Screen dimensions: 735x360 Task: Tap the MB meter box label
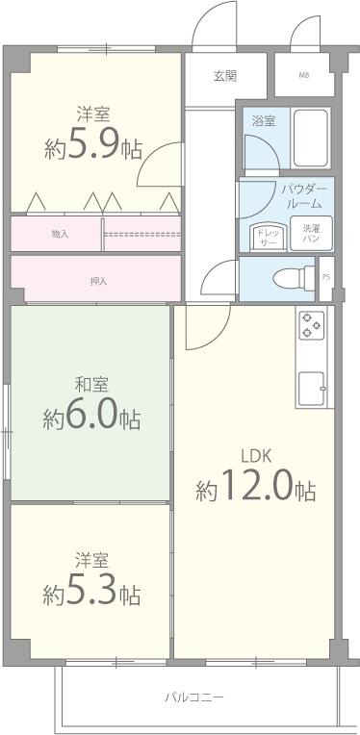[304, 75]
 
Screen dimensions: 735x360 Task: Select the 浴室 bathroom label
[264, 121]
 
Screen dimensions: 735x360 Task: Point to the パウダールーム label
[304, 196]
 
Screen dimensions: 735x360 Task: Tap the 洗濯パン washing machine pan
[312, 234]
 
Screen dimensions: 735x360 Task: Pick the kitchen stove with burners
[311, 326]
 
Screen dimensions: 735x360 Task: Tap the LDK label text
[255, 455]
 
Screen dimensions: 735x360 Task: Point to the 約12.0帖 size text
[256, 490]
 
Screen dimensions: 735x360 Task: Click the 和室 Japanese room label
[91, 385]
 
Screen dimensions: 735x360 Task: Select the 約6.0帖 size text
[91, 418]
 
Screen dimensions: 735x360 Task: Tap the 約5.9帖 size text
[92, 147]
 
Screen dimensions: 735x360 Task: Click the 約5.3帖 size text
[91, 593]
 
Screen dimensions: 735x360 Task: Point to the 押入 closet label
[98, 282]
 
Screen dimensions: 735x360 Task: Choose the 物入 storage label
[60, 234]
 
